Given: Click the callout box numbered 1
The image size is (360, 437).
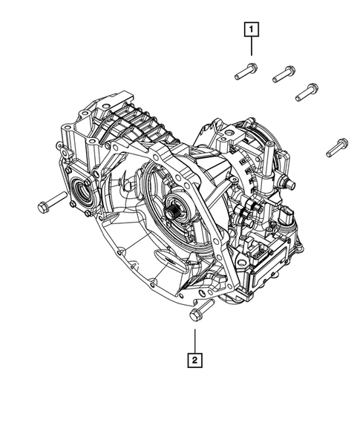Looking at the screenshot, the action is (251, 29).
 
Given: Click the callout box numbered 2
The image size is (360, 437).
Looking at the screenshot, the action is (194, 360).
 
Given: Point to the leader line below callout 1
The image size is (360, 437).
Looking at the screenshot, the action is (251, 46).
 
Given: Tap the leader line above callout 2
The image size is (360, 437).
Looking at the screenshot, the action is (195, 341).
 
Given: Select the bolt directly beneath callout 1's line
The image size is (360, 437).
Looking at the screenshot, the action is (246, 71).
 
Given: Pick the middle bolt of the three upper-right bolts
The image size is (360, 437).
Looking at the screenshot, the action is (284, 74).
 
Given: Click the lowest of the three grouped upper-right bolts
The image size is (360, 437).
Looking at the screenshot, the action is (307, 92).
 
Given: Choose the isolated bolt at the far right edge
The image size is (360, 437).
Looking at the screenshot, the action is (337, 147).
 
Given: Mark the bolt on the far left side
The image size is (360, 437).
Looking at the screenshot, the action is (53, 203).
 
